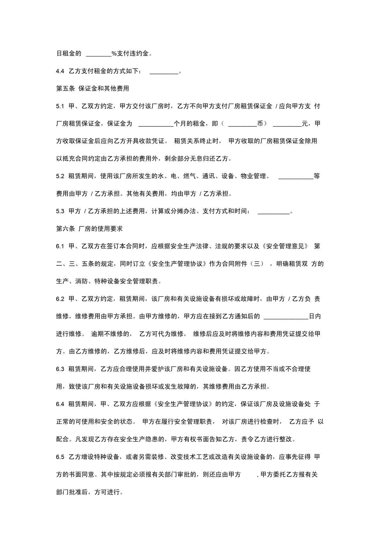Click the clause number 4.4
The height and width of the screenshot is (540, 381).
(x=60, y=71)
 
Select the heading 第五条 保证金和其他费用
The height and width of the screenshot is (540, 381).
(x=93, y=89)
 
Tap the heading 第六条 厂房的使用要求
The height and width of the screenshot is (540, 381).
(x=89, y=229)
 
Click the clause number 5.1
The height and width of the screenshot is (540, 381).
(x=60, y=106)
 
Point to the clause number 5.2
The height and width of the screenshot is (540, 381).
(x=60, y=176)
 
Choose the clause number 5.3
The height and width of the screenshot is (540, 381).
(x=60, y=211)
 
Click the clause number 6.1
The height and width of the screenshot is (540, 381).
(x=60, y=247)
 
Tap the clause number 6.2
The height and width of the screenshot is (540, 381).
(x=60, y=299)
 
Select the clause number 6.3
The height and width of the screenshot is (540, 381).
(x=60, y=369)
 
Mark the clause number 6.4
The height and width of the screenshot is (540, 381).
(x=60, y=404)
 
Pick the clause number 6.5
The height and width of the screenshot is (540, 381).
(x=60, y=457)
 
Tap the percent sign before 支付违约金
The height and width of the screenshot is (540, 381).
(x=114, y=54)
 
